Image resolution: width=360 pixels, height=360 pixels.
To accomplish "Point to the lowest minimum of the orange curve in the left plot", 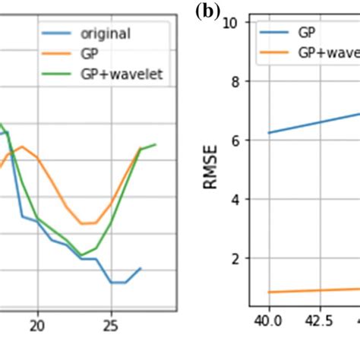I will [x=88, y=223].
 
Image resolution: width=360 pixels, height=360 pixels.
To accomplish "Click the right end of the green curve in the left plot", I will [x=156, y=144].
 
